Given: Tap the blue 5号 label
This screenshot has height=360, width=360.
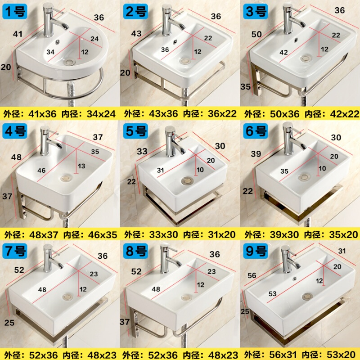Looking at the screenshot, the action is pyautogui.click(x=135, y=131).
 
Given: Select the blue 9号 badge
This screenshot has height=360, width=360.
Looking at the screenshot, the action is pyautogui.click(x=256, y=251).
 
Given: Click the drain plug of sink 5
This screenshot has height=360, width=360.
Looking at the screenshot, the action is pyautogui.click(x=187, y=181).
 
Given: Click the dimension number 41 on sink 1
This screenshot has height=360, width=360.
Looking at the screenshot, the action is pyautogui.click(x=18, y=34).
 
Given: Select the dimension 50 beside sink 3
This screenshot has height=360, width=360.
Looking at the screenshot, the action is pyautogui.click(x=256, y=34).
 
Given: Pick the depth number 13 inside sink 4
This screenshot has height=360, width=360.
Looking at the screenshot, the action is pyautogui.click(x=81, y=166).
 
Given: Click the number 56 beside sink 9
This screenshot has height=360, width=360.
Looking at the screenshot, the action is pyautogui.click(x=252, y=275).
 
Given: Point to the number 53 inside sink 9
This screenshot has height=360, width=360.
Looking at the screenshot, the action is pyautogui.click(x=273, y=294).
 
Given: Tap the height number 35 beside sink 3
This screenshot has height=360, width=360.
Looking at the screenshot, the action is pyautogui.click(x=245, y=86).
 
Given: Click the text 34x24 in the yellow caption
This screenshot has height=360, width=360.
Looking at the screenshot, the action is pyautogui.click(x=101, y=114).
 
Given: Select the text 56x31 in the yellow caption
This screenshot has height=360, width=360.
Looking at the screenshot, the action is pyautogui.click(x=283, y=355).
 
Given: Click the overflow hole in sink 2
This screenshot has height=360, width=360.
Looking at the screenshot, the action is pyautogui.click(x=175, y=42).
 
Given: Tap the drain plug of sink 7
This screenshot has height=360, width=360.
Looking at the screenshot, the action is pyautogui.click(x=67, y=297).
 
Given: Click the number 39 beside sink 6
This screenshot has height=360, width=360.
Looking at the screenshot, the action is pyautogui.click(x=256, y=153).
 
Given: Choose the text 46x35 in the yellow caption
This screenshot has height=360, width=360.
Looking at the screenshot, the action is pyautogui.click(x=103, y=234).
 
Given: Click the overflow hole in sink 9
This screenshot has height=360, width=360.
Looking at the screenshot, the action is pyautogui.click(x=294, y=279).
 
